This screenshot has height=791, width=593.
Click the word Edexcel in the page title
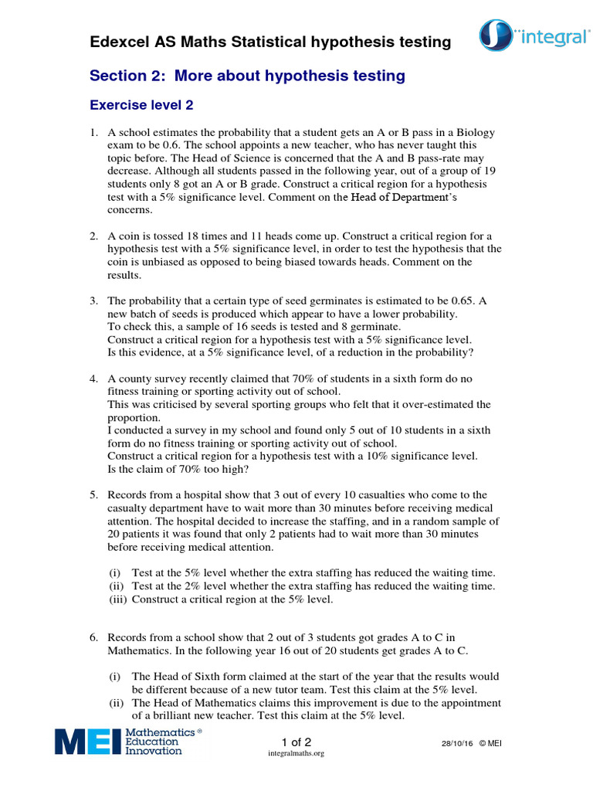(x=120, y=42)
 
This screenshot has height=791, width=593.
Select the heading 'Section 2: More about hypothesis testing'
(x=247, y=76)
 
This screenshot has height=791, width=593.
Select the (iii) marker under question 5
(x=117, y=599)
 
